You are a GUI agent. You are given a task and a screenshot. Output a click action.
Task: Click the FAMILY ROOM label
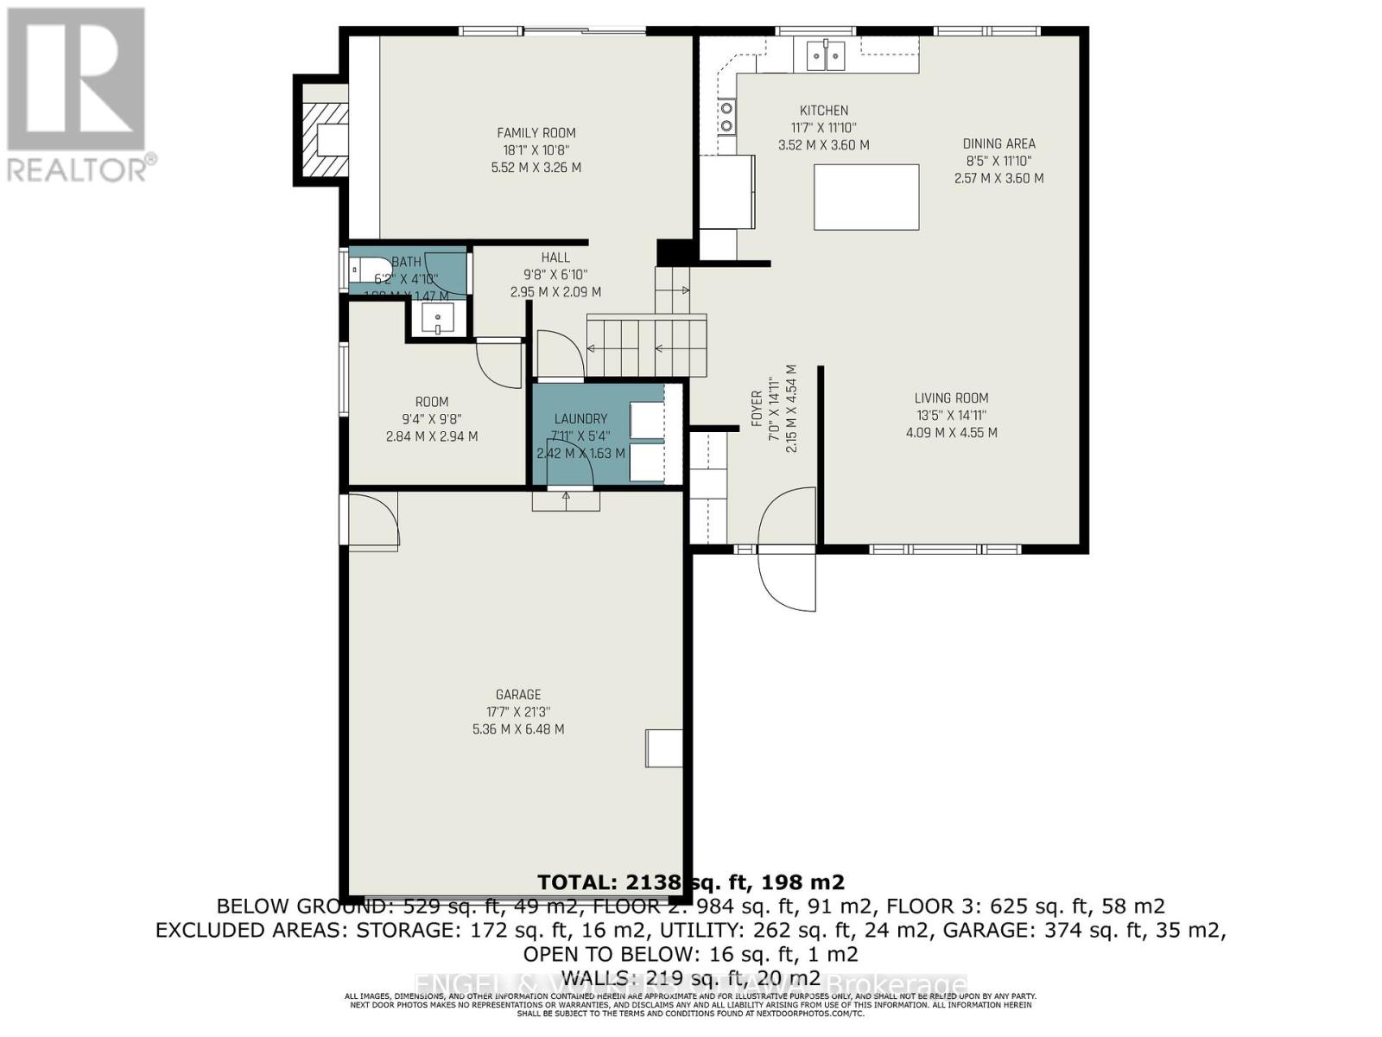536,133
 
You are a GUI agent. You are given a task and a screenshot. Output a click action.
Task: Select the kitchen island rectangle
865,197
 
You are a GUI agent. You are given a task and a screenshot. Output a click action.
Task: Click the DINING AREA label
998,144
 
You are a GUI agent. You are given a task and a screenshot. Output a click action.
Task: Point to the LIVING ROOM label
951,398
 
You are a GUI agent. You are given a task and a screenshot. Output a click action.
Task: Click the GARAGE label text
518,695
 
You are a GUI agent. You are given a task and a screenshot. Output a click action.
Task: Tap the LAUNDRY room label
580,419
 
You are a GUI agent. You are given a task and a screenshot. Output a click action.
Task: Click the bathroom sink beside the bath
438,320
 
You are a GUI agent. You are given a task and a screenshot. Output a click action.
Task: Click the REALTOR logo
78,95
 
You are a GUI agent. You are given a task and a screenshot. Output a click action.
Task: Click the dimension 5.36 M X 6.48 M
518,729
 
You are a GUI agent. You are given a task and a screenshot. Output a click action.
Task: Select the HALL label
555,258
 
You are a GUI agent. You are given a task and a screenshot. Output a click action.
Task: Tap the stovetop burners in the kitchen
726,117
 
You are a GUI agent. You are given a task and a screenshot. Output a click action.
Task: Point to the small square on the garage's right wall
663,748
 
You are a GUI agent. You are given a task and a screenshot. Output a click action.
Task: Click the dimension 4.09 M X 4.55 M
951,433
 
